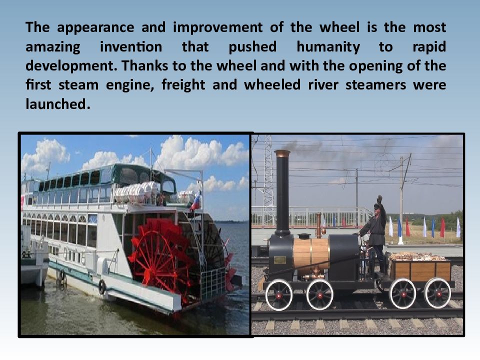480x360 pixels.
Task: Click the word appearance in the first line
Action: tap(95, 28)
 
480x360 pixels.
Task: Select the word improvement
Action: tap(217, 28)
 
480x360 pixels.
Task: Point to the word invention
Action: tap(131, 47)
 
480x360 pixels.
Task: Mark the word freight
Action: tap(183, 85)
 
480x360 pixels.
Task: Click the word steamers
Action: tap(376, 85)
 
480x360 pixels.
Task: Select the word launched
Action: tap(57, 104)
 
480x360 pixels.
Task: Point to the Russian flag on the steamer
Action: tap(196, 201)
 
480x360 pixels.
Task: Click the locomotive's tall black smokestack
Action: tap(282, 193)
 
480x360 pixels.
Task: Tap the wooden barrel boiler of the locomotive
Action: tap(311, 254)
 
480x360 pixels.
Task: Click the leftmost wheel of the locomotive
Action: tap(279, 295)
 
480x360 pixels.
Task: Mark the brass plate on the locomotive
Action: tap(280, 260)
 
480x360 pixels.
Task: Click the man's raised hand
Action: tap(379, 200)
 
